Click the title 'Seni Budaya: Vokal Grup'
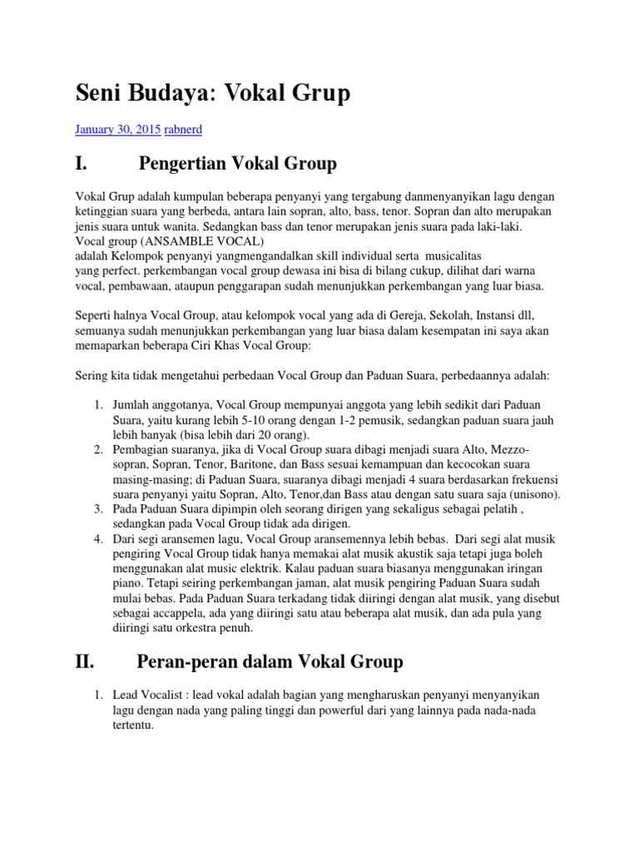coord(212,94)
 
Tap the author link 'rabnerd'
coord(185,130)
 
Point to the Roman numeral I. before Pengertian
coord(81,163)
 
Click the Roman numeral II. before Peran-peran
coord(85,661)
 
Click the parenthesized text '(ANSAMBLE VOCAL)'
coord(188,240)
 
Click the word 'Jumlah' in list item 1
coord(131,406)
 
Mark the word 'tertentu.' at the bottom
coord(135,723)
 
